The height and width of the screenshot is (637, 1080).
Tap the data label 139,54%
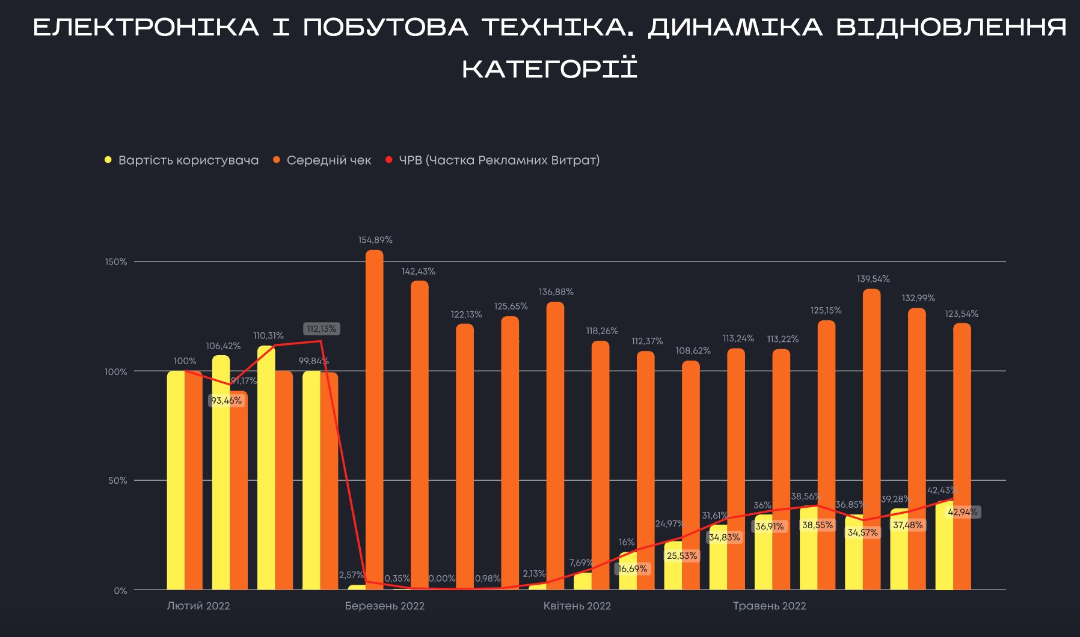point(873,279)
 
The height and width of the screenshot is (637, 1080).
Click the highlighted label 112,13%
point(322,329)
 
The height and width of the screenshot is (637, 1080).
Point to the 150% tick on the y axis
point(116,262)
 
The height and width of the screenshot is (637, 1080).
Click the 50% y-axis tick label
point(117,481)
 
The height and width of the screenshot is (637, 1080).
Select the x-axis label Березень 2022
point(384,606)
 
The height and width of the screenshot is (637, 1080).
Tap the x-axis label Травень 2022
point(769,606)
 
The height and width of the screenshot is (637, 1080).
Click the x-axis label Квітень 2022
point(577,606)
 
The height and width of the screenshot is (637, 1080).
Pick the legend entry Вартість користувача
point(188,160)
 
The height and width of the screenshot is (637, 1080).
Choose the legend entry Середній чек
point(328,160)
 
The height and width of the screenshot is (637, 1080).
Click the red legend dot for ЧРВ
point(388,160)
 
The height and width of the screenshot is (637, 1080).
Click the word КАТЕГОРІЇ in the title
point(550,69)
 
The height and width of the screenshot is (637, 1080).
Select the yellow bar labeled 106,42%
point(221,475)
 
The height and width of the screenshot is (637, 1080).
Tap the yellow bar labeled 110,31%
point(266,469)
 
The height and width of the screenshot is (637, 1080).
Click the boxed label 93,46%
point(226,401)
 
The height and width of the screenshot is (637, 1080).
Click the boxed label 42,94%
point(963,512)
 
